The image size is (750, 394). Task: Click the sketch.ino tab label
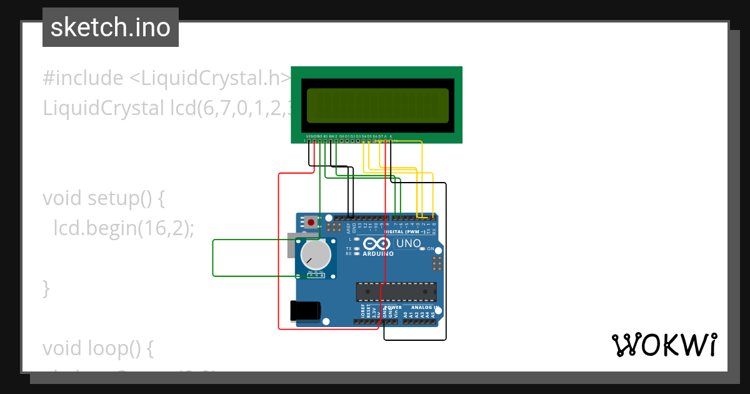(x=111, y=28)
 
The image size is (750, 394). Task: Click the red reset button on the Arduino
(x=311, y=222)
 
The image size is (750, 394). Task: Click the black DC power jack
(x=306, y=311)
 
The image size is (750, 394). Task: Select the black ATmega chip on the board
(x=396, y=291)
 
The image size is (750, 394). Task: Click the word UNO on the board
(x=409, y=243)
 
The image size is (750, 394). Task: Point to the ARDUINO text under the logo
(x=378, y=254)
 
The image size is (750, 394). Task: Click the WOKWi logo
(x=664, y=345)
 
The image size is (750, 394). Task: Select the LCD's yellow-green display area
(x=377, y=105)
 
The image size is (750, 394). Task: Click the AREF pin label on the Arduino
(x=349, y=228)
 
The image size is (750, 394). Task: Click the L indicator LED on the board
(x=356, y=239)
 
